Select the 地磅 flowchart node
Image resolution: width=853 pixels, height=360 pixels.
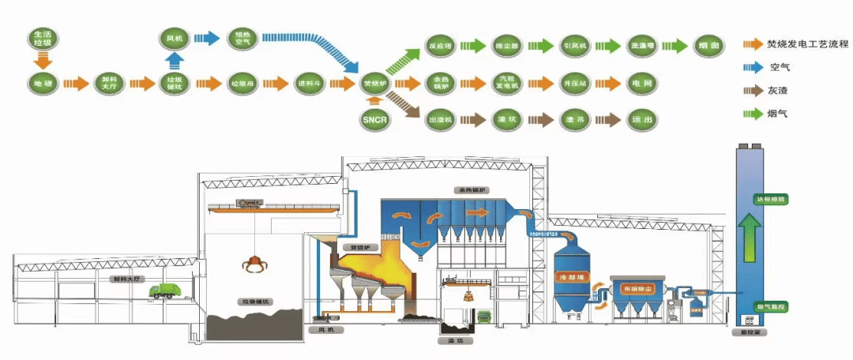(43, 82)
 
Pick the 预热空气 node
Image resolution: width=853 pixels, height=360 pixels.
(241, 37)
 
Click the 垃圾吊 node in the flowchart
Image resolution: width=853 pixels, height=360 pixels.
(241, 82)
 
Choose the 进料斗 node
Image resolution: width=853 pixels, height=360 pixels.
(308, 82)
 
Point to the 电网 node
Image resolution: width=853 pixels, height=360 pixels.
(641, 82)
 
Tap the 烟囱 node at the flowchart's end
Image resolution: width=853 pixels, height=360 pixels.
(708, 46)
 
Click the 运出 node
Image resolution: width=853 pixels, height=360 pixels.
(641, 119)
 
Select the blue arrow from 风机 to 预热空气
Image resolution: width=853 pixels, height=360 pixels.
(206, 37)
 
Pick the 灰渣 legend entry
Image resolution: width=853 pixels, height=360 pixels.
(778, 91)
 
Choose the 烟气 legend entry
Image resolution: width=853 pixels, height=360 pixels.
(778, 114)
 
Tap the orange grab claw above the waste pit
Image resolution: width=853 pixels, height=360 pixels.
(254, 263)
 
